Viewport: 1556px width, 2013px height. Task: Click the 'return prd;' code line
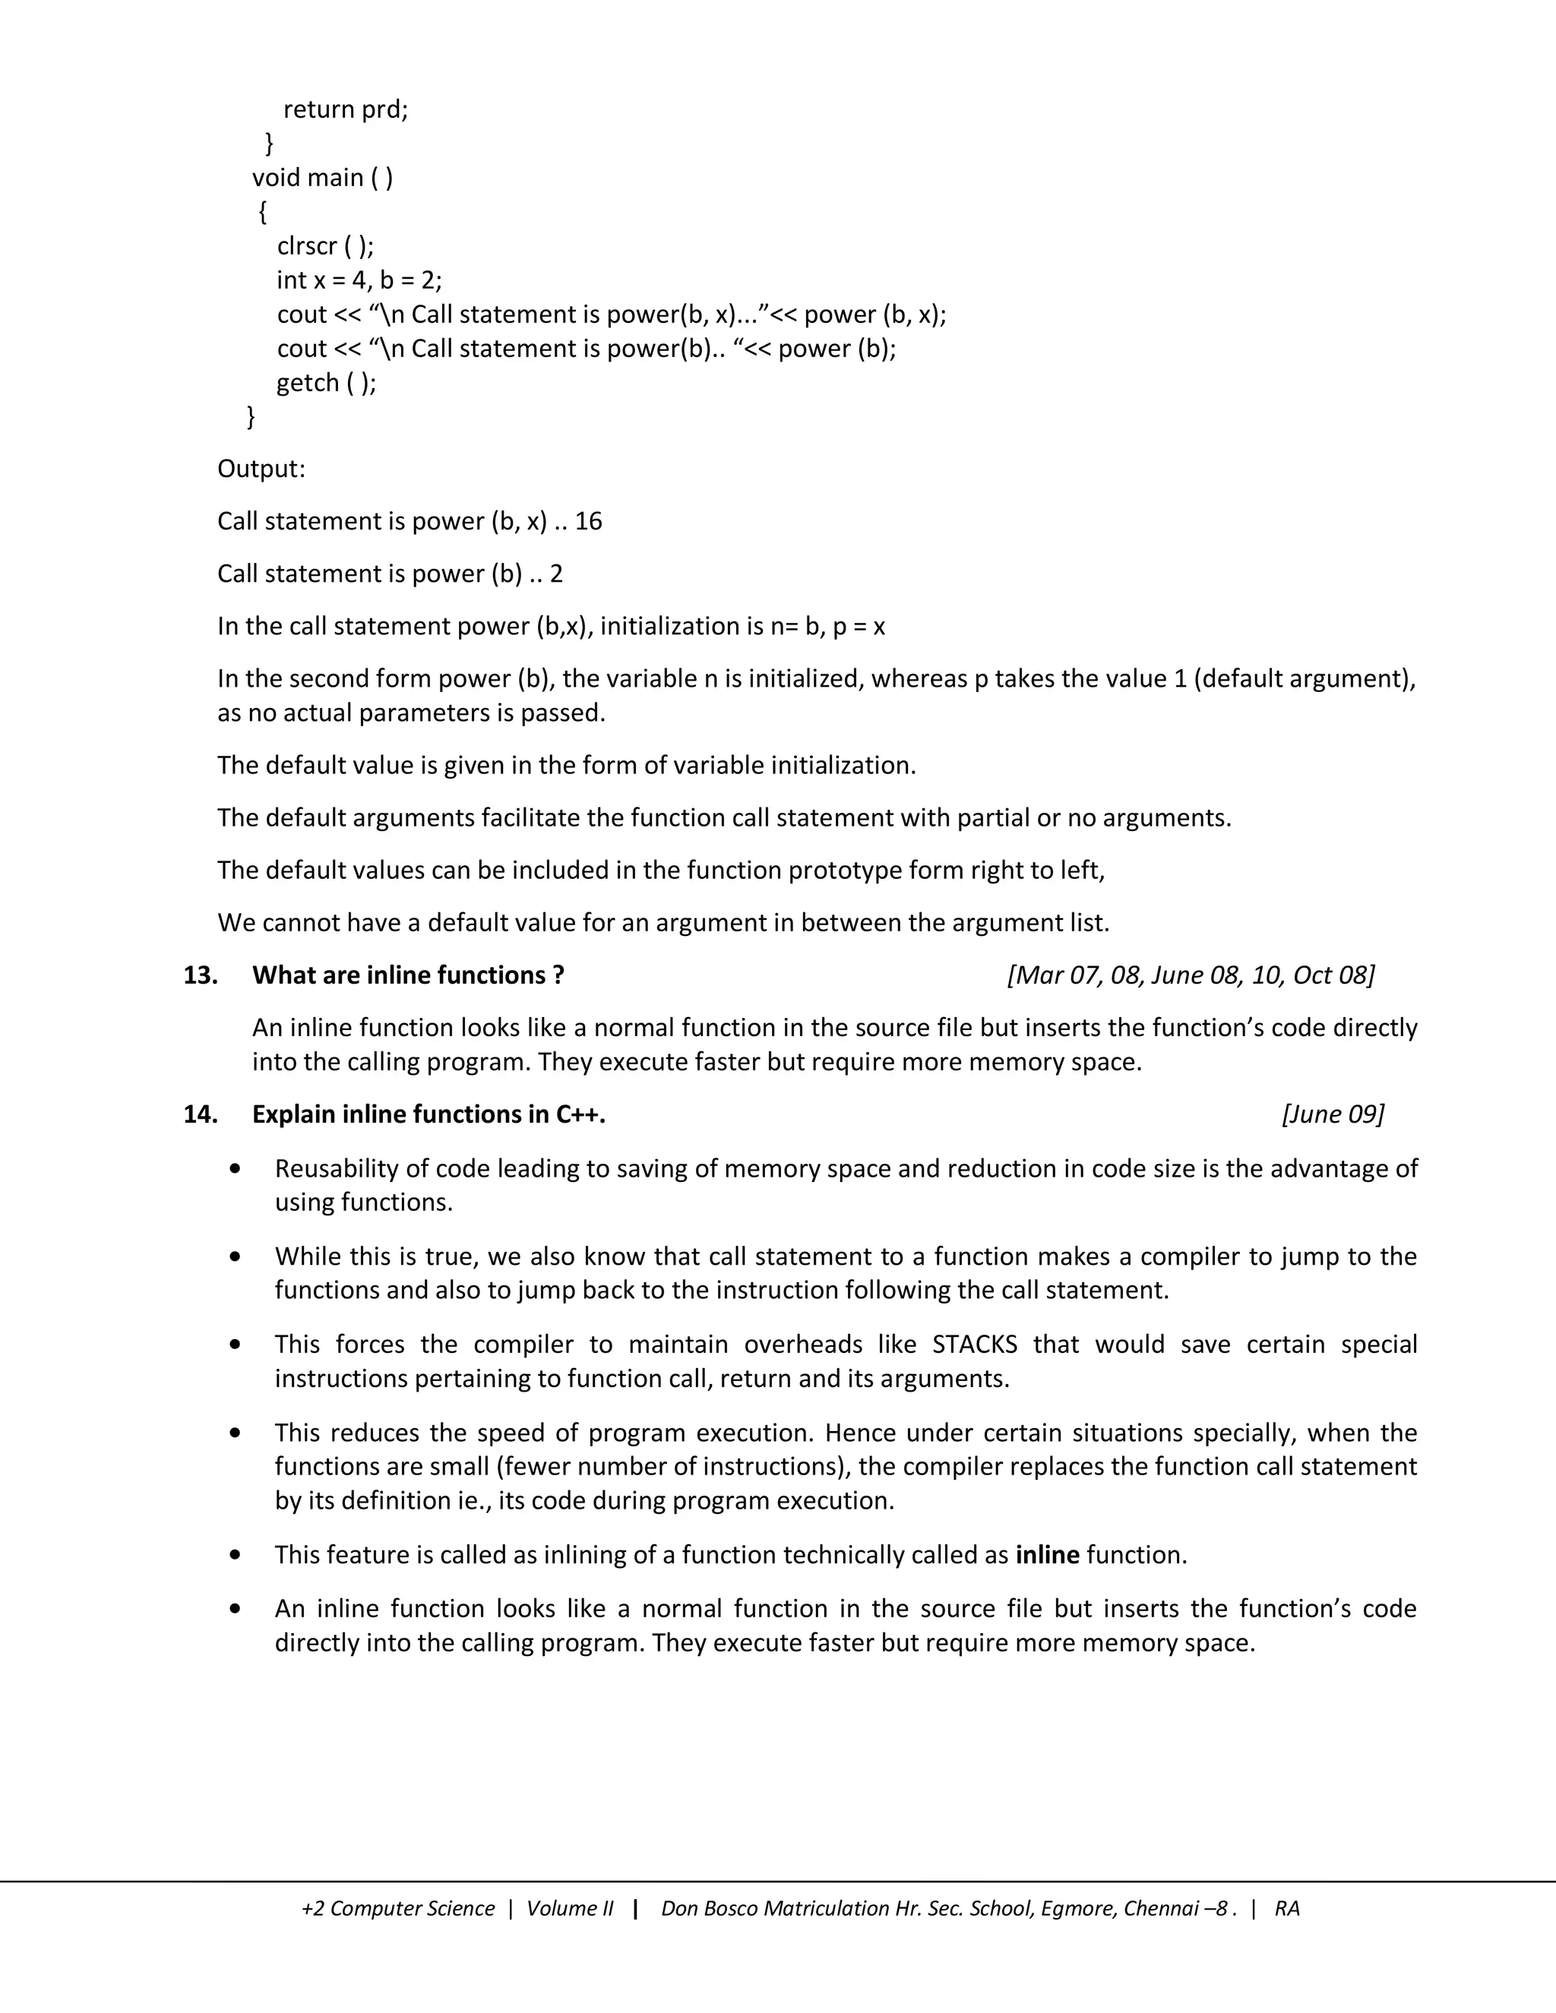(x=345, y=109)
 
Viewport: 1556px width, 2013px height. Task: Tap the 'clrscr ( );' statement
(x=325, y=246)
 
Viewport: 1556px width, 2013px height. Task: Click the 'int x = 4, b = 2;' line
(x=359, y=280)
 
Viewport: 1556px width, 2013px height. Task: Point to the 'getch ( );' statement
(x=326, y=383)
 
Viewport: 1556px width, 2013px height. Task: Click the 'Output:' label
(x=261, y=469)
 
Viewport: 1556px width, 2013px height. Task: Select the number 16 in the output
(x=588, y=522)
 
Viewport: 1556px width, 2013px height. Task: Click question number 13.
(x=200, y=975)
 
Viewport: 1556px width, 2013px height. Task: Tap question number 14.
(x=200, y=1114)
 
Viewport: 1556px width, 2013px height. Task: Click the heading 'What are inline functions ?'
(x=407, y=975)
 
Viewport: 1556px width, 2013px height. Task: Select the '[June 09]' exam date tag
(x=1332, y=1114)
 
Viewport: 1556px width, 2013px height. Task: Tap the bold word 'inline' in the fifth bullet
(x=1047, y=1555)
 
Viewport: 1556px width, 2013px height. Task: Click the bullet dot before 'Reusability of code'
(x=237, y=1169)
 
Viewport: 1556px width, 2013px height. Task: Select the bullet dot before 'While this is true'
(x=237, y=1256)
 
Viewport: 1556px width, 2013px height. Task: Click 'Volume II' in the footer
(x=569, y=1908)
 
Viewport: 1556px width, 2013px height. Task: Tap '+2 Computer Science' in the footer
(x=397, y=1908)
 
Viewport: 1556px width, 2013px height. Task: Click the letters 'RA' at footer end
(x=1287, y=1908)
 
